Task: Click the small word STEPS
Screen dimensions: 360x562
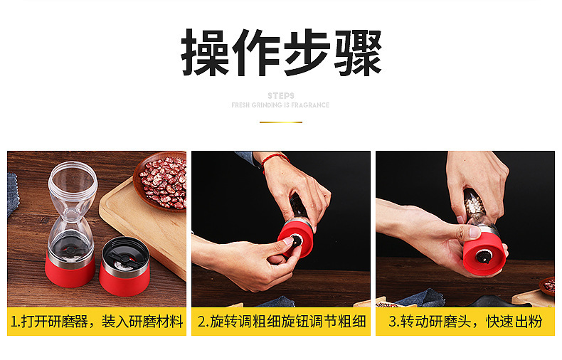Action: pos(281,95)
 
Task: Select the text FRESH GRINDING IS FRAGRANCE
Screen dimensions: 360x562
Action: pos(280,105)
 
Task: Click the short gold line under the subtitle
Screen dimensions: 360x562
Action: pos(280,122)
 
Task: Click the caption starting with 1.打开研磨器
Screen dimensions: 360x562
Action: pos(97,322)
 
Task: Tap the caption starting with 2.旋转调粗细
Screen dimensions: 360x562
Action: pos(281,322)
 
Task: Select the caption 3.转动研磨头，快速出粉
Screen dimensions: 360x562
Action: pos(465,322)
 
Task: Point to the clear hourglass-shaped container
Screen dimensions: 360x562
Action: pos(72,206)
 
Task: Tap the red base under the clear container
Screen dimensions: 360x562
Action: pos(70,270)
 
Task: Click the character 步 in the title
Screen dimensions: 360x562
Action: pos(307,53)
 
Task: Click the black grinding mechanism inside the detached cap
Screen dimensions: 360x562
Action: pos(124,250)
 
